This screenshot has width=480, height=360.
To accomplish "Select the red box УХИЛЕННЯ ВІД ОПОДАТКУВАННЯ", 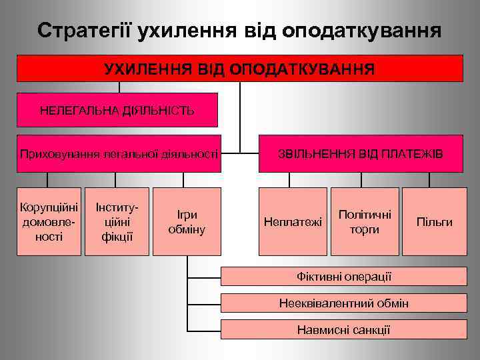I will (239, 69).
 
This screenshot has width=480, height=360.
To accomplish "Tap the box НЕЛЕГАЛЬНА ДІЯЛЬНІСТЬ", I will (117, 110).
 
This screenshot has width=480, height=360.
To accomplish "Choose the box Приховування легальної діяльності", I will (119, 154).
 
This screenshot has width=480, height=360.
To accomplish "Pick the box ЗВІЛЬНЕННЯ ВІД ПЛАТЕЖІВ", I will (360, 154).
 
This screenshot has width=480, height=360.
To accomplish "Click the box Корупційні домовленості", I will (49, 221).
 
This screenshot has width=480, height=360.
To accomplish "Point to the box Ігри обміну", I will (187, 221).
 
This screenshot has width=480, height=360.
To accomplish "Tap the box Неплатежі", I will (293, 221).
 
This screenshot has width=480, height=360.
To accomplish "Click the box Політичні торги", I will (364, 221).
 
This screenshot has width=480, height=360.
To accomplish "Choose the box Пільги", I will (434, 221).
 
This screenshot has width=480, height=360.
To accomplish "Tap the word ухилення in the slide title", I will (181, 31).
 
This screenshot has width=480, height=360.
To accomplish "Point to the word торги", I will (364, 229).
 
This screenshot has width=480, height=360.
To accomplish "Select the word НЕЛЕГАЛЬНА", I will (77, 110).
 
